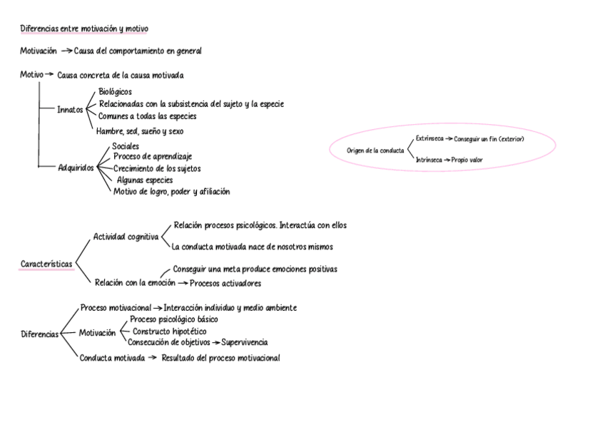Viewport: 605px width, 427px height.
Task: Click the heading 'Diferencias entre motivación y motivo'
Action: click(x=84, y=29)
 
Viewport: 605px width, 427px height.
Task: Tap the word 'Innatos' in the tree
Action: click(x=71, y=110)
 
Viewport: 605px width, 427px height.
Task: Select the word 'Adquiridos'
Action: click(x=76, y=168)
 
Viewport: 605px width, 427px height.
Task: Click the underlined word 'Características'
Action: click(x=46, y=264)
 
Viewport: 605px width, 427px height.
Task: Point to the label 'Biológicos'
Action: click(x=116, y=92)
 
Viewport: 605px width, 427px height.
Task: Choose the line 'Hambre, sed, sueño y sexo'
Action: click(x=140, y=131)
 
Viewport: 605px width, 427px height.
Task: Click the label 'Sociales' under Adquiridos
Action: click(x=126, y=146)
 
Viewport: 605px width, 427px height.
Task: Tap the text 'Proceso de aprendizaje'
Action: click(x=153, y=156)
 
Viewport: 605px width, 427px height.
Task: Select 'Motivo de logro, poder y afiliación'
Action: click(x=171, y=191)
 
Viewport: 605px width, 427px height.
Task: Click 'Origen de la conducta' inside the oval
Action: click(x=375, y=150)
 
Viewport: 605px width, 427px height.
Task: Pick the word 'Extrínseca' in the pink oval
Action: click(x=429, y=138)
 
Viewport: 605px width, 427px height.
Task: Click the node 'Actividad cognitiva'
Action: click(x=126, y=237)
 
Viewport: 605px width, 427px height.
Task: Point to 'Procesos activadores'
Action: click(x=225, y=283)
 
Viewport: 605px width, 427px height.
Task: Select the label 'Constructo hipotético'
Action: click(x=170, y=331)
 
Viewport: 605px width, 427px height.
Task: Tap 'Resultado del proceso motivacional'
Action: click(x=220, y=358)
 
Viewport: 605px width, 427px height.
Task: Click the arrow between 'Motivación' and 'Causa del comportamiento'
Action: click(x=66, y=51)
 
